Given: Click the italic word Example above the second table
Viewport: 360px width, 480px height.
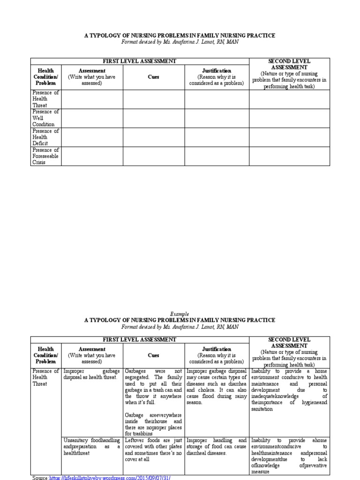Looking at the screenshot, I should (180, 314).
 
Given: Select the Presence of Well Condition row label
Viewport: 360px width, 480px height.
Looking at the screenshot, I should (45, 118).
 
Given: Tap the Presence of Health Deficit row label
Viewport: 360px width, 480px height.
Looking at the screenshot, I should (45, 137).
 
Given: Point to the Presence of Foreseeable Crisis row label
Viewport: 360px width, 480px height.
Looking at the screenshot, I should (45, 157).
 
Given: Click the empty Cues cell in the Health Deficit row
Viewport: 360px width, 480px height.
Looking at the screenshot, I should (153, 137).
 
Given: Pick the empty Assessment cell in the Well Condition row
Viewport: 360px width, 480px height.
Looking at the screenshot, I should (92, 118).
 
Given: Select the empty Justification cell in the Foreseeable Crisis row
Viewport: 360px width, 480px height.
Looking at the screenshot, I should (216, 157).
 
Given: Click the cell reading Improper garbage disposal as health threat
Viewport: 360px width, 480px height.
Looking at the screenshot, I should (91, 374).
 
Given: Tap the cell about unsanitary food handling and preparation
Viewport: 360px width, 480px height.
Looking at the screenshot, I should (91, 447).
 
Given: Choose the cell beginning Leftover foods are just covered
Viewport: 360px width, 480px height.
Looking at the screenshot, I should (153, 450).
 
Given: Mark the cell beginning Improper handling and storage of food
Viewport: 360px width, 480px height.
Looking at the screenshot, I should (216, 447).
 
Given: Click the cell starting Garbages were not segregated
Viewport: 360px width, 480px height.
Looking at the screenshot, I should (153, 386).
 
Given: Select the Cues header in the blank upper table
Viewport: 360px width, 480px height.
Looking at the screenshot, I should (153, 77).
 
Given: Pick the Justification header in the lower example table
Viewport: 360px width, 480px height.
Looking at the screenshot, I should (216, 349).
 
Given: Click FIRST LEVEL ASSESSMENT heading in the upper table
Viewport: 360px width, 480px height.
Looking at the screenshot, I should (140, 61).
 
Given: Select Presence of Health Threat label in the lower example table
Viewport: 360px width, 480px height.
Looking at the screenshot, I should (45, 377).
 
